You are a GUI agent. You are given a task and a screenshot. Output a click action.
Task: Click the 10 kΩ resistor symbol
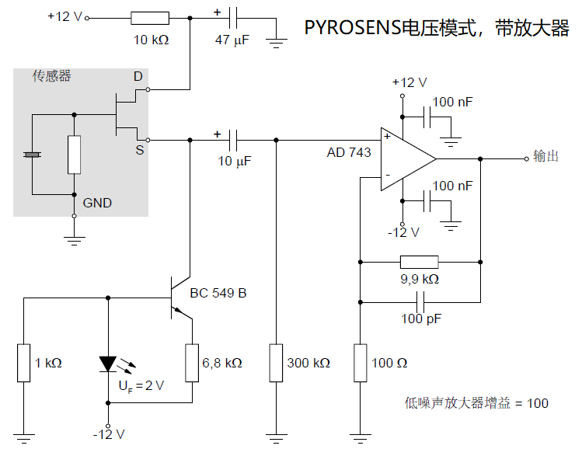click(x=149, y=18)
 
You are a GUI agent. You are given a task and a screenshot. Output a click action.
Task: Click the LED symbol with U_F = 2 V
click(x=107, y=364)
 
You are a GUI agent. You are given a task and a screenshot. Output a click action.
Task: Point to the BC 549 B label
click(x=218, y=293)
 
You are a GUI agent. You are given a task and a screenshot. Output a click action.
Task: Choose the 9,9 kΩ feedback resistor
click(x=419, y=262)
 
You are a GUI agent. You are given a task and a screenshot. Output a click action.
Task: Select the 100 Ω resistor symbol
click(x=361, y=363)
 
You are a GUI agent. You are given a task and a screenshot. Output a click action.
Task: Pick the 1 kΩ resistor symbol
click(x=24, y=363)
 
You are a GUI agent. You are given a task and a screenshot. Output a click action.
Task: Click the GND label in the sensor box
click(x=97, y=203)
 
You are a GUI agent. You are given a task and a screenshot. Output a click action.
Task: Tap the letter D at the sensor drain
click(x=138, y=76)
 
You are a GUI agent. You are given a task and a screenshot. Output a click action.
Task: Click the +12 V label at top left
click(x=64, y=16)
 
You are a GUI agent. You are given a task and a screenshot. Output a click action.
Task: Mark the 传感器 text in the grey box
click(x=51, y=76)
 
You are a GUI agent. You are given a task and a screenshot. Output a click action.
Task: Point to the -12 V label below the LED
click(x=108, y=433)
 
